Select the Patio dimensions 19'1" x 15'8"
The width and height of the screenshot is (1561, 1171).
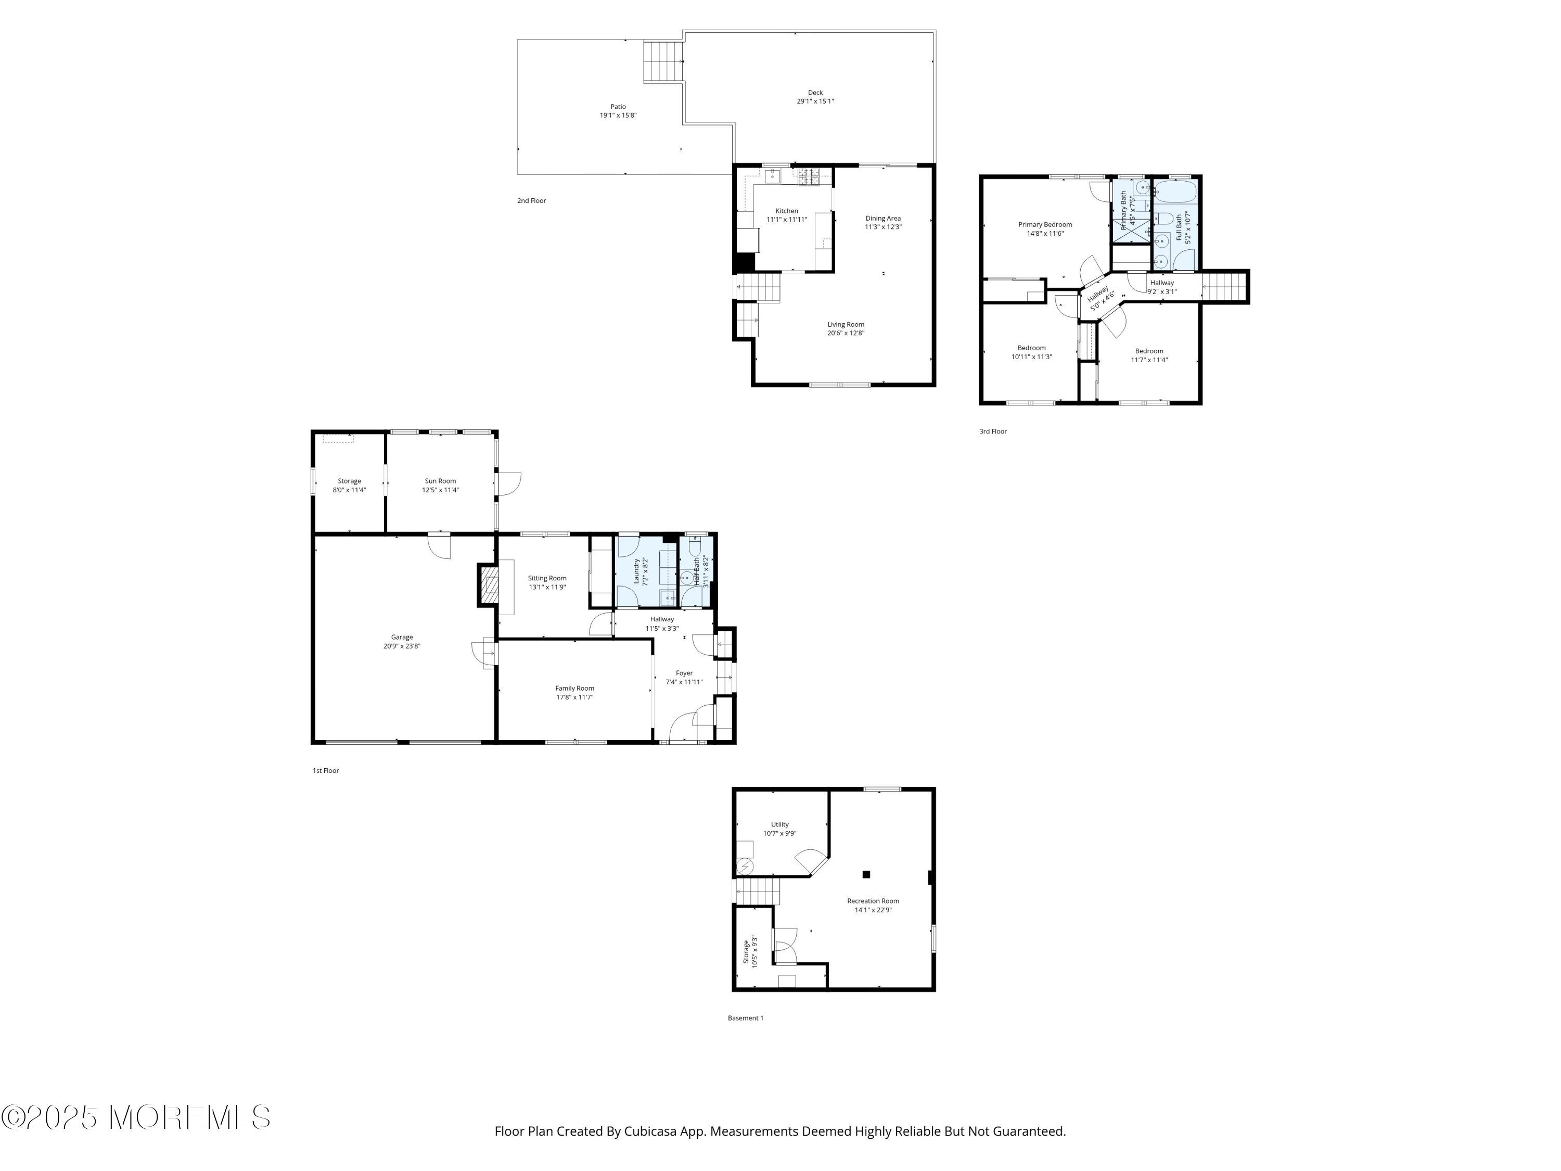(x=618, y=115)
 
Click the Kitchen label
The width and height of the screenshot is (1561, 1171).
(x=787, y=211)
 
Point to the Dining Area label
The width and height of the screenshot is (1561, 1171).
(x=884, y=218)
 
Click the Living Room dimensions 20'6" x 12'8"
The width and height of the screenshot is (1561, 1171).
(x=846, y=333)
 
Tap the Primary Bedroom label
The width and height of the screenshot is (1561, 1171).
(x=1045, y=224)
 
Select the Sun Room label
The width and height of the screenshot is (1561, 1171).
(x=440, y=481)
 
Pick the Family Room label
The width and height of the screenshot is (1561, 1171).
(x=574, y=688)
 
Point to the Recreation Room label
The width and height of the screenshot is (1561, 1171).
(x=873, y=901)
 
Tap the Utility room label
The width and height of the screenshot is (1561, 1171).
(x=780, y=824)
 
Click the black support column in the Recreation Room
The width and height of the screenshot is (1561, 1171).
(x=866, y=874)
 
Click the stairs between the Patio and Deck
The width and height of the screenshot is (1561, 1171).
(x=663, y=61)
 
